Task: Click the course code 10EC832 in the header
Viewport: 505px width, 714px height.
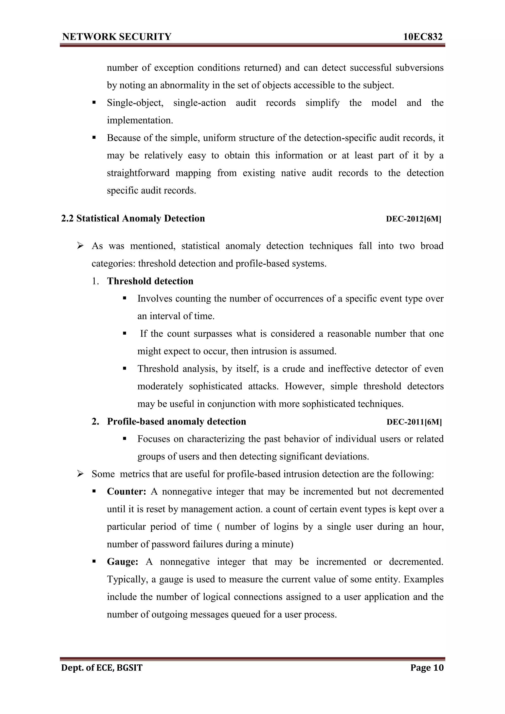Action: [423, 37]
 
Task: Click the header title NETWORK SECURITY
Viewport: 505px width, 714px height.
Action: [117, 37]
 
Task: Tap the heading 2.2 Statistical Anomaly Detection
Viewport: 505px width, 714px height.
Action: [133, 219]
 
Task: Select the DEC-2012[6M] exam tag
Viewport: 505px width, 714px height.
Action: [413, 219]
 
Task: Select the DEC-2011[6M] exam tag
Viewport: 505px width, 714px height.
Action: [414, 422]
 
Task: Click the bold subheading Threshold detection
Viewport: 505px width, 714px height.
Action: [150, 281]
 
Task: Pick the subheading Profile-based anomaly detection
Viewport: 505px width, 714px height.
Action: [176, 422]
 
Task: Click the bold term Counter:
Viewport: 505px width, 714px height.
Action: [126, 492]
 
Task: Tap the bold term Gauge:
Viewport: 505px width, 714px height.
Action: [122, 562]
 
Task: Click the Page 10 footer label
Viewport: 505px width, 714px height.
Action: [427, 668]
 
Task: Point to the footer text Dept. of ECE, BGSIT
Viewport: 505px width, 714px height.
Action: [102, 668]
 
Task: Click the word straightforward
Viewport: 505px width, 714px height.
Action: [138, 173]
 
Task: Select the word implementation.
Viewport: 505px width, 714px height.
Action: [140, 120]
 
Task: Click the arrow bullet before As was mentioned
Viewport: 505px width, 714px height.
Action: [80, 246]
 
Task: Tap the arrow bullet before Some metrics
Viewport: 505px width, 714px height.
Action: [80, 474]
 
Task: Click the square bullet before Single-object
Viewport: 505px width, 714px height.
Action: [94, 103]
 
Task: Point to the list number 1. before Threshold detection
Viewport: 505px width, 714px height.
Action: [95, 281]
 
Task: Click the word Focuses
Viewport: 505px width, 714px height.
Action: [154, 439]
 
